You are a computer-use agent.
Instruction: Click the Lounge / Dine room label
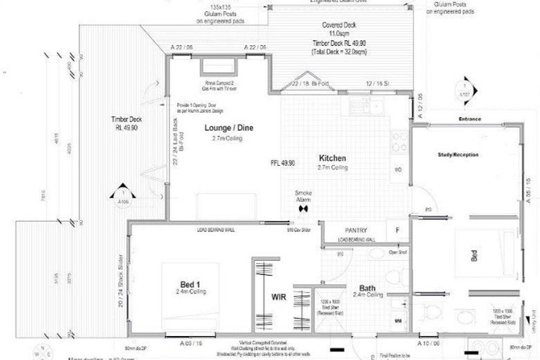(229, 128)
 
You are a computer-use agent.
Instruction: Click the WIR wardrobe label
(278, 297)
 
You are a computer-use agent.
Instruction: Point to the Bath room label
(368, 288)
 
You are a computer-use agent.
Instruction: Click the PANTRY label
(357, 229)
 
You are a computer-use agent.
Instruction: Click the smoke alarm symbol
(304, 208)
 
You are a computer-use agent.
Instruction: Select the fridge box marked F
(397, 229)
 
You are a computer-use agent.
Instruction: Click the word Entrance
(468, 120)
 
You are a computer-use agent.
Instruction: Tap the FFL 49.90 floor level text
(282, 162)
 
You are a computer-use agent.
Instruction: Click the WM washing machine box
(398, 321)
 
